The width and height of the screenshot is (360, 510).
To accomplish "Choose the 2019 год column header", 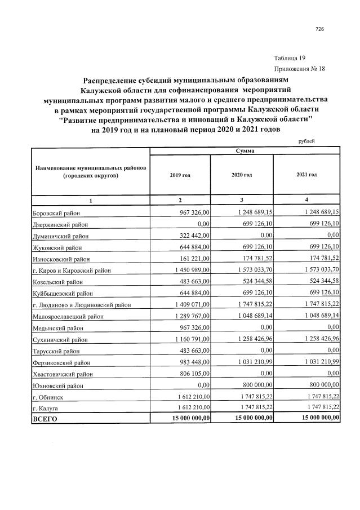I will click(x=180, y=175).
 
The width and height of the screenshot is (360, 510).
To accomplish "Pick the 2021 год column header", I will click(x=306, y=175).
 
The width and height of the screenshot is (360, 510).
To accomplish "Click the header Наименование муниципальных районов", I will click(x=90, y=172).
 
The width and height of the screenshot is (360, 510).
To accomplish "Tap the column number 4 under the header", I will click(x=306, y=201).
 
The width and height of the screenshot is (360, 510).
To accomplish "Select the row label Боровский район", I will click(x=56, y=212).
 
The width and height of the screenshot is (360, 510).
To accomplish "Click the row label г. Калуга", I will click(x=46, y=407).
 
